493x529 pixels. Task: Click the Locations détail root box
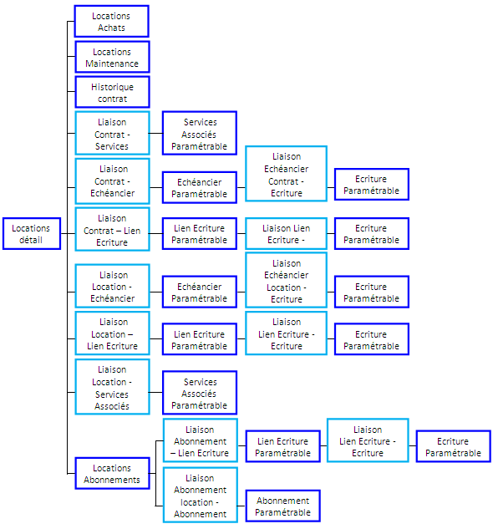coord(32,233)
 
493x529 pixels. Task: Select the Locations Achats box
coord(111,21)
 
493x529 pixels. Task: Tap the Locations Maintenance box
coord(112,57)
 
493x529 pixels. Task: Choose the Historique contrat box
coord(112,92)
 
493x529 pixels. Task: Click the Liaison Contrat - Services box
coord(112,133)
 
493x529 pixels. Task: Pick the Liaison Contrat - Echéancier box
coord(112,181)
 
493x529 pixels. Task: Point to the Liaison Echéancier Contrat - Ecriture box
coord(286,174)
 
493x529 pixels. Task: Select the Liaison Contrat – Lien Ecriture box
coord(112,230)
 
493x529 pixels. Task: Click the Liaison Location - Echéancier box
coord(112,286)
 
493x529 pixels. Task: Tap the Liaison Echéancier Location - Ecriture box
coord(286,280)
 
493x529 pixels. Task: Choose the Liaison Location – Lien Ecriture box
coord(112,333)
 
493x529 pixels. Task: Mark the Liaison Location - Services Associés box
coord(112,387)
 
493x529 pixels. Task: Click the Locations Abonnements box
coord(112,473)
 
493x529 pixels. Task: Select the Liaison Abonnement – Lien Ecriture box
coord(201,440)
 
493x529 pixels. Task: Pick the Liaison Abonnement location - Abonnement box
coord(201,495)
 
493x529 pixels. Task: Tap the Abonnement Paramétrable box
coord(282,506)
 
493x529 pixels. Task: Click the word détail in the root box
coord(31,240)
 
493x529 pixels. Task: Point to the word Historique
coord(112,87)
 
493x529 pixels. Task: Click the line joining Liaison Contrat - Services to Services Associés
coord(156,133)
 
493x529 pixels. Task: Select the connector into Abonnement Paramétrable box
coord(241,506)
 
